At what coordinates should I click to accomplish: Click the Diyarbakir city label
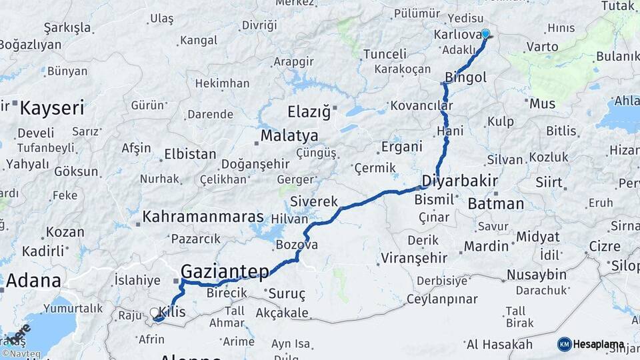tap(460, 181)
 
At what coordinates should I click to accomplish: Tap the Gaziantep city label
tap(225, 271)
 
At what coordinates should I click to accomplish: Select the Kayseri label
tap(52, 108)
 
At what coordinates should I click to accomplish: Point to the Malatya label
tap(289, 135)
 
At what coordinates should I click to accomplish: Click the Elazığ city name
tap(309, 111)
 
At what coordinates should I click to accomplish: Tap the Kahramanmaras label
tap(203, 217)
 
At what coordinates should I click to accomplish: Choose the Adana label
tap(33, 280)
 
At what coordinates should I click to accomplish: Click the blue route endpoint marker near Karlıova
tap(485, 34)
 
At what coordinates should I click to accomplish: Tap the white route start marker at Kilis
tap(155, 312)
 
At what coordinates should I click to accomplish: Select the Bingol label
tap(466, 77)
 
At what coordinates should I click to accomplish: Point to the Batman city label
tap(496, 203)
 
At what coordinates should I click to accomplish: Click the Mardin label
tap(487, 246)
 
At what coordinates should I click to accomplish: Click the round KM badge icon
tap(565, 344)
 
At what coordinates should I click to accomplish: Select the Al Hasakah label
tap(500, 344)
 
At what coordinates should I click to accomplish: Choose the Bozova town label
tap(297, 245)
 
